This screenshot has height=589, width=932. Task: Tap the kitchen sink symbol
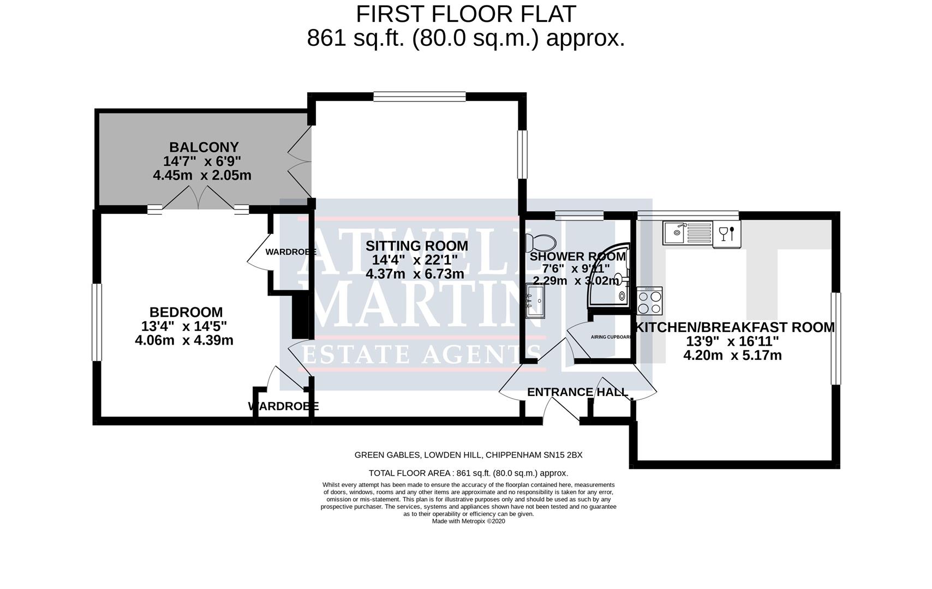click(688, 233)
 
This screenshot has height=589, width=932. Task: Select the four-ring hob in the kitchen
click(649, 302)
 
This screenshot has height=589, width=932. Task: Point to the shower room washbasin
click(535, 300)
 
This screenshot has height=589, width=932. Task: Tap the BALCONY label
click(204, 147)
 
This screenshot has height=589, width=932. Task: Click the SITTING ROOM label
click(417, 245)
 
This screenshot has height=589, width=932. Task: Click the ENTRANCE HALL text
click(577, 392)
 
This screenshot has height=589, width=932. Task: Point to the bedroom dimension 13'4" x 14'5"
click(184, 326)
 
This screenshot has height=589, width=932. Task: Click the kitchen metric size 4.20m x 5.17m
click(732, 356)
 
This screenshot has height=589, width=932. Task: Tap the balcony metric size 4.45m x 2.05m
click(202, 176)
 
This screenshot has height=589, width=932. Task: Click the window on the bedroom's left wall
click(97, 322)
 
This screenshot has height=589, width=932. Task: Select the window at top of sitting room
click(419, 97)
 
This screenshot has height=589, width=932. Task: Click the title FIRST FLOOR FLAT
click(465, 14)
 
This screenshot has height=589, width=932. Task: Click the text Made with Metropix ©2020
click(468, 521)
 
